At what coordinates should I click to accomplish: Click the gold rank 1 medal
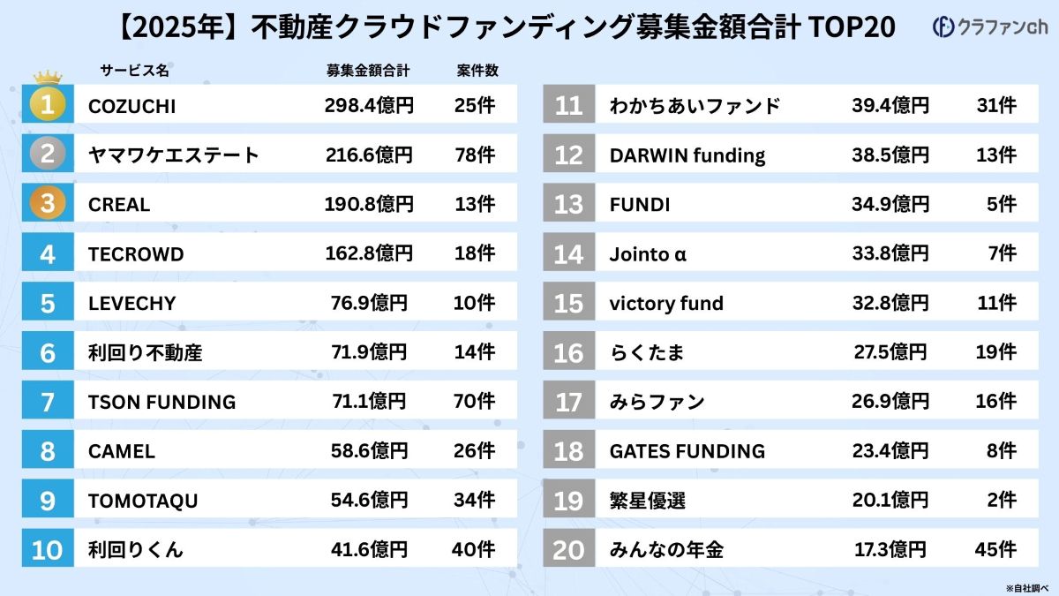[48, 105]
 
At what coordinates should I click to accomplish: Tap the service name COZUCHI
[131, 106]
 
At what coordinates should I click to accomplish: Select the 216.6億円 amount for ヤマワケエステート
[368, 155]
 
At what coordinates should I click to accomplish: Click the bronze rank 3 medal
[48, 204]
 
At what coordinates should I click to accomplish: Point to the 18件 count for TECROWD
[473, 254]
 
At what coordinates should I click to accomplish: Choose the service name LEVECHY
[131, 304]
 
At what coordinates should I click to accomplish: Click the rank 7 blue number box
[48, 402]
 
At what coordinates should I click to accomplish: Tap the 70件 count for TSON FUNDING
[473, 402]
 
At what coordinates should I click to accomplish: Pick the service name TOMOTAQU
[143, 501]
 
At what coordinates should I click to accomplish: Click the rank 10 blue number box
[48, 549]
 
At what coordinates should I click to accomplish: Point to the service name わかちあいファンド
[695, 106]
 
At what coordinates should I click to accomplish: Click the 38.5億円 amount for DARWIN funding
[890, 155]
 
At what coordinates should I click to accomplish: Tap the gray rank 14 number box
[569, 254]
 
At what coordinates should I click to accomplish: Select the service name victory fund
[666, 304]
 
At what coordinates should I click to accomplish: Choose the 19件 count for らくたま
[996, 352]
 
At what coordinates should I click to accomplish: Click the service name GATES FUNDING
[687, 451]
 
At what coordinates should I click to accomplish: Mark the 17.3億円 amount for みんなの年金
[890, 549]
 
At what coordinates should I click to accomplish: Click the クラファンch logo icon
[943, 27]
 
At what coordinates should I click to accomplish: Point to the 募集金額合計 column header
[368, 71]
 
